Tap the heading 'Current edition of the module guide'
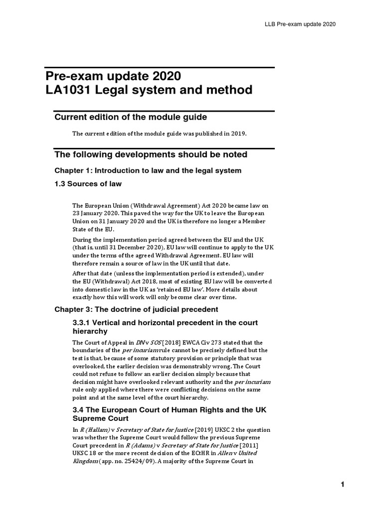point(130,117)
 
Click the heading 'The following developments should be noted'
point(151,154)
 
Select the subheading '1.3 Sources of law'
point(88,184)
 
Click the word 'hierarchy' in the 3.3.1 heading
point(90,331)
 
